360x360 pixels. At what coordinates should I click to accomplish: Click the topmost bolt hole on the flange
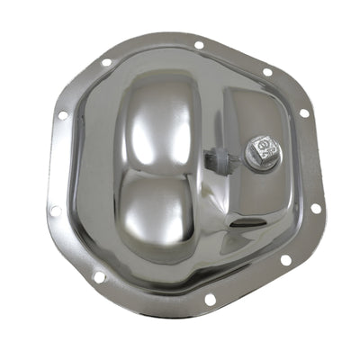click(x=198, y=43)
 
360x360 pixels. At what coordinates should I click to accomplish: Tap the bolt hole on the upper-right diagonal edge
click(x=267, y=72)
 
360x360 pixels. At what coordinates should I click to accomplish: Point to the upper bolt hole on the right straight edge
click(x=303, y=113)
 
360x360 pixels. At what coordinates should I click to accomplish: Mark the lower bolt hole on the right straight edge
click(x=315, y=208)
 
